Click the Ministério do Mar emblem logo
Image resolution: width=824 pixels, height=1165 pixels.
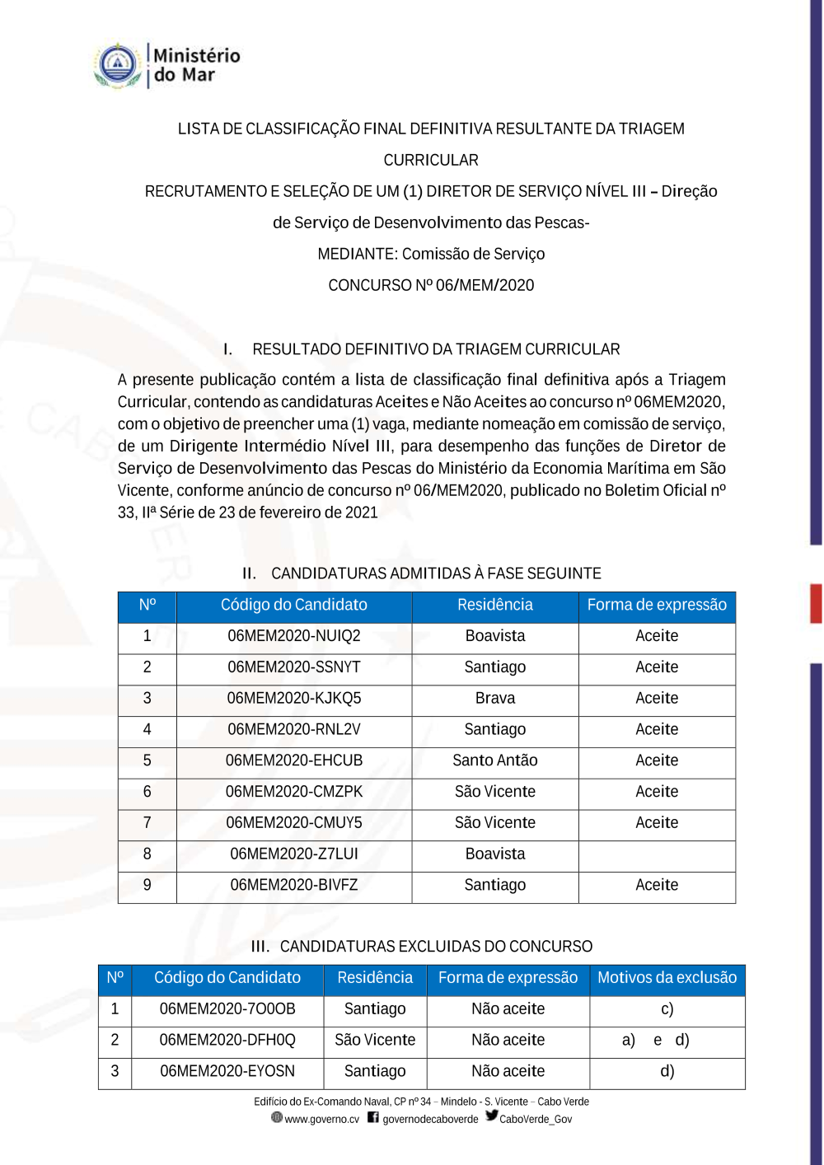(118, 65)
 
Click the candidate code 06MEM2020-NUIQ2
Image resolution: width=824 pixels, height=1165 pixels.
(294, 636)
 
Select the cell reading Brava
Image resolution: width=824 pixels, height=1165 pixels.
(495, 699)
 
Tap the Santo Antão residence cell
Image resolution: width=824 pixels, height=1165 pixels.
(495, 760)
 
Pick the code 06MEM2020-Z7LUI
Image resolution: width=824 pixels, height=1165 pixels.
(294, 854)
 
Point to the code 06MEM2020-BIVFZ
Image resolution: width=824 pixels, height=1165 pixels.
(294, 886)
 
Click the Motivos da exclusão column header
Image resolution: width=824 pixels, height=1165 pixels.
(667, 978)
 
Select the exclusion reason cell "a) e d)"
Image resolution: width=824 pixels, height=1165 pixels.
(656, 1041)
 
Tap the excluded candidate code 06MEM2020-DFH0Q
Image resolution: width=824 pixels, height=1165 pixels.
(227, 1041)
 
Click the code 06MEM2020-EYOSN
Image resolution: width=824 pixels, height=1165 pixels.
(227, 1072)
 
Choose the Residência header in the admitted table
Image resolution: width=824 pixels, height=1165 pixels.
(495, 606)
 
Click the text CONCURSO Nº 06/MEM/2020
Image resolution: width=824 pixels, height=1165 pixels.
(431, 286)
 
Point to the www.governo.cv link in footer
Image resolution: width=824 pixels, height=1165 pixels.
(321, 1120)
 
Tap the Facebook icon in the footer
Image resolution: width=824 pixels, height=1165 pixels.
(373, 1118)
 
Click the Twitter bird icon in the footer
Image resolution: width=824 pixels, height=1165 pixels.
(492, 1116)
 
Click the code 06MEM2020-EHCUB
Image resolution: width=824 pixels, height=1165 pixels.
(294, 761)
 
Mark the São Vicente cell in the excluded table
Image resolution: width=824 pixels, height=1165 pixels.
(375, 1041)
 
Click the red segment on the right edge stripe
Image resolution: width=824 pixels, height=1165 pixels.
(816, 603)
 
